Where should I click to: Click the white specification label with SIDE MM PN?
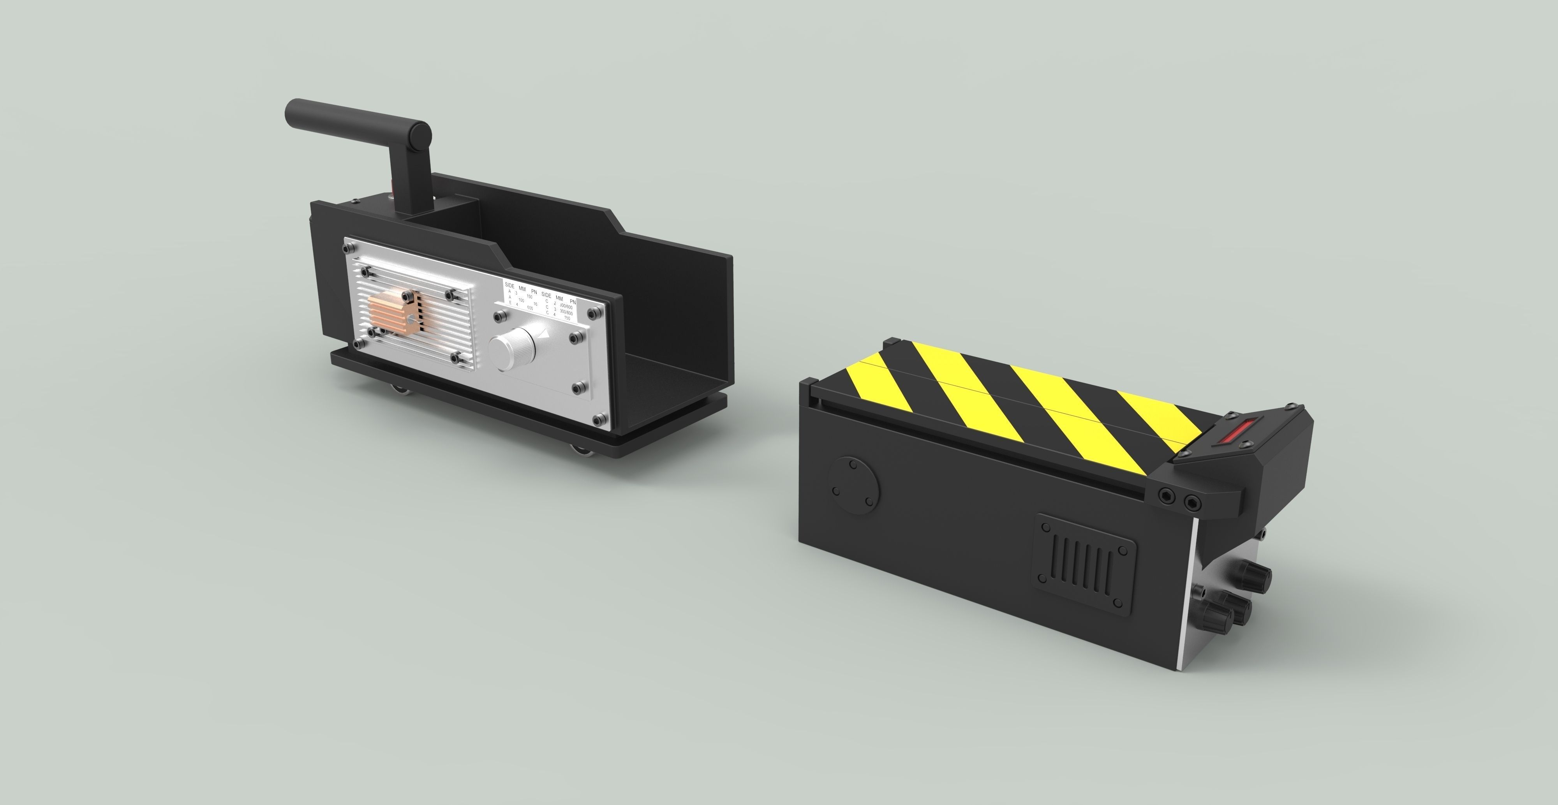coord(541,300)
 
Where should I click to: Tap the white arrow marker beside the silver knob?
coord(546,332)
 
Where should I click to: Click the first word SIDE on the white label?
coord(510,284)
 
